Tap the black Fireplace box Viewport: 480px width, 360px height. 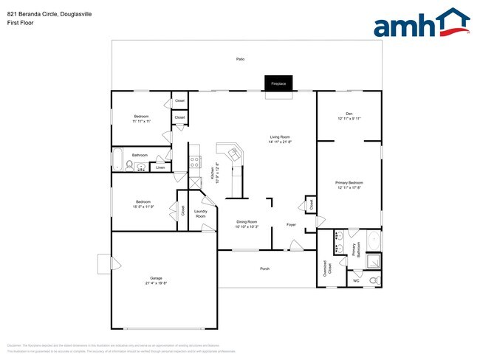[278, 83]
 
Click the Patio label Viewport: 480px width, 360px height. [240, 58]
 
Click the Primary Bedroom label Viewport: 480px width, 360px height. [349, 182]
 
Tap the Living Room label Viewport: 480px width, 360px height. [279, 137]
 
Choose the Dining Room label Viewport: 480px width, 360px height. [247, 221]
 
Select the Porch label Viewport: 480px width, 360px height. [264, 269]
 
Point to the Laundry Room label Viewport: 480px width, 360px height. [201, 214]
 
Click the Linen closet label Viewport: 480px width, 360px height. [160, 167]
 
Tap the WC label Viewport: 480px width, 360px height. [356, 280]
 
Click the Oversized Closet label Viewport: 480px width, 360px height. [329, 268]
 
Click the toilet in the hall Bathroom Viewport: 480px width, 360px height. [128, 166]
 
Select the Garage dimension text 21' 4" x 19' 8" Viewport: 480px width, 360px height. [156, 283]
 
